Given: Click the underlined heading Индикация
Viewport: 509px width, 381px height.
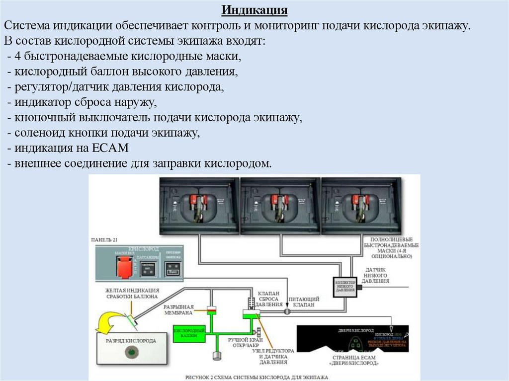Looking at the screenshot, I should click(254, 10).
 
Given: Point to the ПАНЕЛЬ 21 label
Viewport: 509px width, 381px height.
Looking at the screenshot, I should click(104, 240).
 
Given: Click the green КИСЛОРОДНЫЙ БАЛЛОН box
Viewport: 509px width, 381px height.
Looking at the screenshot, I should click(188, 333).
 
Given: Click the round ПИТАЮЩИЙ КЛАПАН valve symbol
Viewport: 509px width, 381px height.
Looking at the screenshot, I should click(287, 311).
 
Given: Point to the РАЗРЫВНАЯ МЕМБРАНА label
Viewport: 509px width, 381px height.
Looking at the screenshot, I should click(178, 310).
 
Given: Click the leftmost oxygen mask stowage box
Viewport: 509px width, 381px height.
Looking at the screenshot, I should click(199, 205).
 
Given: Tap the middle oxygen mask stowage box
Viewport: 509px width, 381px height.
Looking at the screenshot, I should click(280, 205).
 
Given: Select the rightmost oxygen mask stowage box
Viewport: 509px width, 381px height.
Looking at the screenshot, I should click(360, 205).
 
